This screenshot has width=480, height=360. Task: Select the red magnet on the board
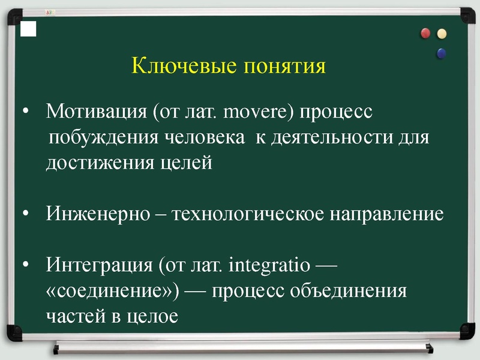tap(427, 34)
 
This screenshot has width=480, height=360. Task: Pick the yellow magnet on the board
tap(442, 34)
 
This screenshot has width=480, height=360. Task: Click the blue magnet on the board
tap(442, 53)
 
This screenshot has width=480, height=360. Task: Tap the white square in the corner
tap(28, 28)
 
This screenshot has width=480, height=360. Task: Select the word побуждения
tap(104, 138)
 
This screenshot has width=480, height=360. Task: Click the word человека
tap(205, 138)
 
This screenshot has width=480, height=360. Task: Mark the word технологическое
tap(247, 214)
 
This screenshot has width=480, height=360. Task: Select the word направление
tap(386, 214)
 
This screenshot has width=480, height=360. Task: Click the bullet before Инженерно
tap(26, 214)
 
